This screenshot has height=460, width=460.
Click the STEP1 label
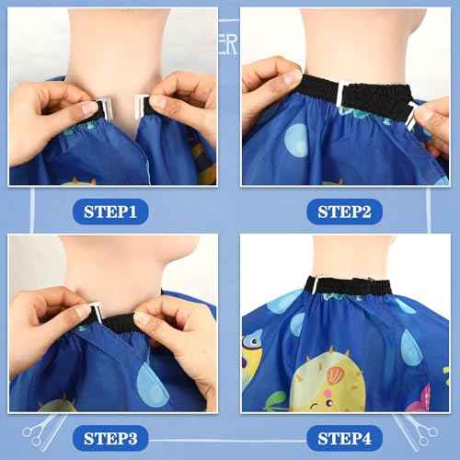coord(113,213)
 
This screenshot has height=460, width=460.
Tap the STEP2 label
coord(344,213)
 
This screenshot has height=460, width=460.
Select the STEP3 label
coord(113,438)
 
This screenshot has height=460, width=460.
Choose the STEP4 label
coord(344,438)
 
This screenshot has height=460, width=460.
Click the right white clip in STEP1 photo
coord(142,107)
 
